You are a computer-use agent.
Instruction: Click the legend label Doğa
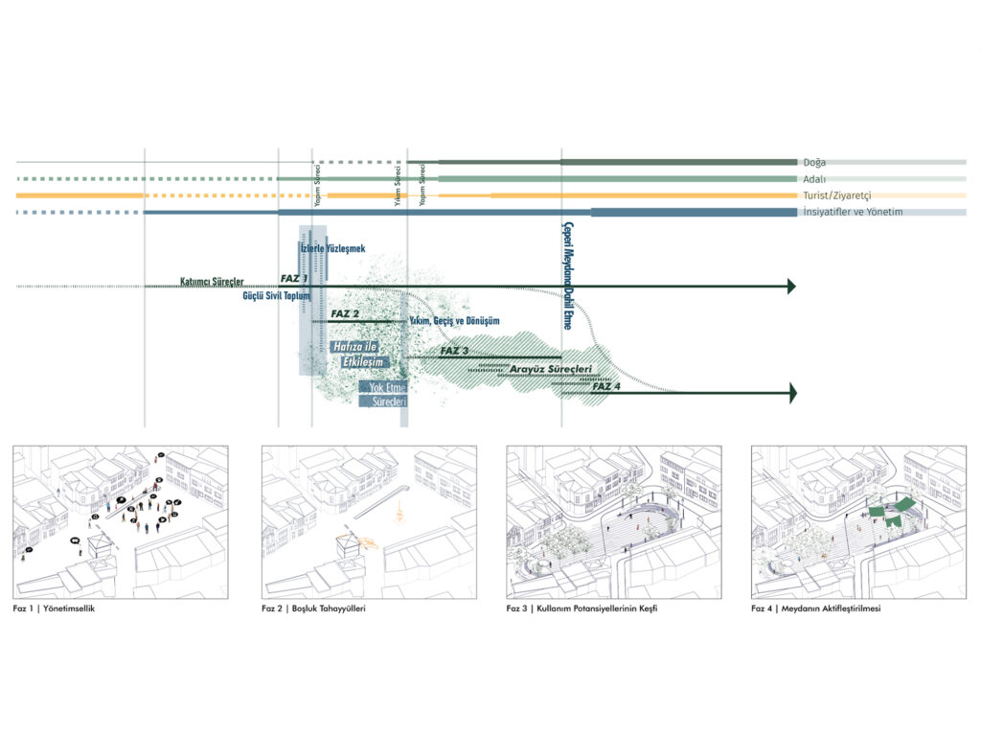click(x=814, y=163)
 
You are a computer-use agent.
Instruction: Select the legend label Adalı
click(x=814, y=179)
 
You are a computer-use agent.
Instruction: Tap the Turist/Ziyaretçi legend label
click(x=838, y=195)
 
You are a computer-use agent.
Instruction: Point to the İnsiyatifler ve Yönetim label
click(x=853, y=212)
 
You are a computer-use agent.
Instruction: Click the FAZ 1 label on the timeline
click(x=294, y=278)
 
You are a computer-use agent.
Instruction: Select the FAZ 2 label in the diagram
click(x=345, y=314)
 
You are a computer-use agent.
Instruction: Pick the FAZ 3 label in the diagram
click(x=454, y=352)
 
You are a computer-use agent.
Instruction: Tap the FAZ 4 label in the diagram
click(x=606, y=386)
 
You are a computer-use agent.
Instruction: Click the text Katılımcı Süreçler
click(x=212, y=282)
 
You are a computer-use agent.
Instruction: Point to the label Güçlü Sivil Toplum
click(x=277, y=297)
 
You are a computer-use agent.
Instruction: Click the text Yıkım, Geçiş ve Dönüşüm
click(x=454, y=321)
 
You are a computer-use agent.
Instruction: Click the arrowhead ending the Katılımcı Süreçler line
click(x=790, y=286)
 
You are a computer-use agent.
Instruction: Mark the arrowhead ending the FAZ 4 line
click(x=790, y=392)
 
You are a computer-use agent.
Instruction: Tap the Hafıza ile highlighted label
click(x=354, y=347)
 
